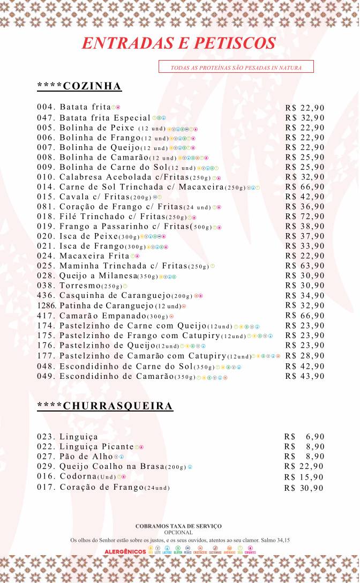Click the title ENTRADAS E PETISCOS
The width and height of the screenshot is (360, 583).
coord(179,43)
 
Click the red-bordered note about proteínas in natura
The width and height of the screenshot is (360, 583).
coord(236,68)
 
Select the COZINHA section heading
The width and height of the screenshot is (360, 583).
coord(79,87)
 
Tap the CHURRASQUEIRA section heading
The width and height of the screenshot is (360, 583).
coord(105,406)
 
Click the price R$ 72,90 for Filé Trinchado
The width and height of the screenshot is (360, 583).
coord(305,216)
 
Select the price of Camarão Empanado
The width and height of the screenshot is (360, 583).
coord(305,316)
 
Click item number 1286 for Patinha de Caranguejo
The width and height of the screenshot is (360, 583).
coord(47,306)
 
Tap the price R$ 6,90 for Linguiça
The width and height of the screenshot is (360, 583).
coord(304,437)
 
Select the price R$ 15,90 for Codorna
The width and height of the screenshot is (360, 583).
coord(304,477)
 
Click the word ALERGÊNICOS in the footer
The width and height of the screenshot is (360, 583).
coord(125,551)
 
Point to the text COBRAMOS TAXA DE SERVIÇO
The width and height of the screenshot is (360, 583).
coord(178,527)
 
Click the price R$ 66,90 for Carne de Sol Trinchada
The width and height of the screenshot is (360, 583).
coord(305,186)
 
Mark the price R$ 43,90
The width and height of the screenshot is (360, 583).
coord(305,376)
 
